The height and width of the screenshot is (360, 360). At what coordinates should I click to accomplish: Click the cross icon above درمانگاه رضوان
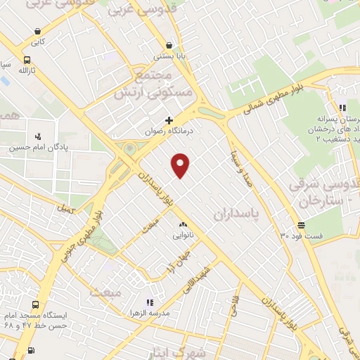click(x=169, y=121)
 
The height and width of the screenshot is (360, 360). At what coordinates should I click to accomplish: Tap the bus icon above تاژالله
click(x=27, y=60)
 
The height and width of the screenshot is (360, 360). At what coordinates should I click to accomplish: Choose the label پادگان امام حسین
click(x=32, y=148)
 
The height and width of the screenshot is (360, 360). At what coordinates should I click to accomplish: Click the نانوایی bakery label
click(x=185, y=236)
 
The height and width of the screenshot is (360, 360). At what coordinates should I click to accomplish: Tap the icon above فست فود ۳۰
click(x=301, y=225)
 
